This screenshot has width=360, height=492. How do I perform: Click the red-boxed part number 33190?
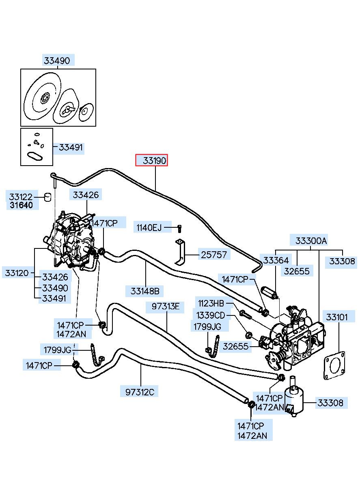click(x=154, y=161)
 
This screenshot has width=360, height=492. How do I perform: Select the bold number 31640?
click(x=21, y=205)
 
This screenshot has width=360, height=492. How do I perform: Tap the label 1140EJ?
click(x=149, y=228)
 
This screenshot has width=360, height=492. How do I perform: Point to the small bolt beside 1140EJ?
click(x=179, y=229)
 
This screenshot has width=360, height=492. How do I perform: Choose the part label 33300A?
click(x=311, y=241)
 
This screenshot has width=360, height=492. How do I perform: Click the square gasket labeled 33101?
click(x=334, y=365)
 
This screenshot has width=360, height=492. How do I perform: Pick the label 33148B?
click(x=145, y=291)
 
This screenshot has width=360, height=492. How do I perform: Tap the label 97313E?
click(x=166, y=306)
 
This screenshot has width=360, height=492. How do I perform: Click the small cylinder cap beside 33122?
click(x=48, y=197)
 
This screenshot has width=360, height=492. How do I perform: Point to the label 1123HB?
click(x=211, y=303)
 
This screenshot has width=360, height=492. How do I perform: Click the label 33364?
click(x=276, y=260)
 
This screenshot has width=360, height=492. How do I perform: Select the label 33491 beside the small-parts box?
click(x=71, y=147)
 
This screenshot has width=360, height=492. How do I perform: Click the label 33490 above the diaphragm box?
click(x=57, y=60)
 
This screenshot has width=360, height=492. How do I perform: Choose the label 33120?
click(x=17, y=273)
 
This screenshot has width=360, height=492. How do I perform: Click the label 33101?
click(x=337, y=317)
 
